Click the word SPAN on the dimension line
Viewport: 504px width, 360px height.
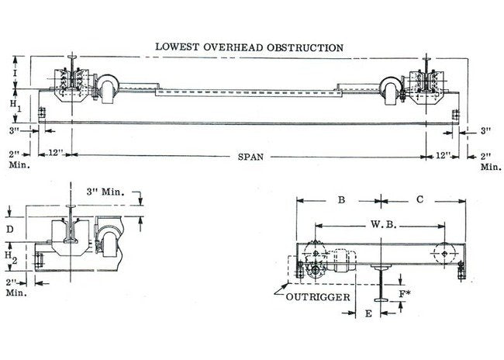(250, 157)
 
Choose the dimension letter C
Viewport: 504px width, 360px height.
(419, 200)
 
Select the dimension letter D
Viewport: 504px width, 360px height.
(9, 230)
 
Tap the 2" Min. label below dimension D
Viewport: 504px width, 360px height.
(13, 287)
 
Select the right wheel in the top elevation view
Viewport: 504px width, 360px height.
(393, 87)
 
